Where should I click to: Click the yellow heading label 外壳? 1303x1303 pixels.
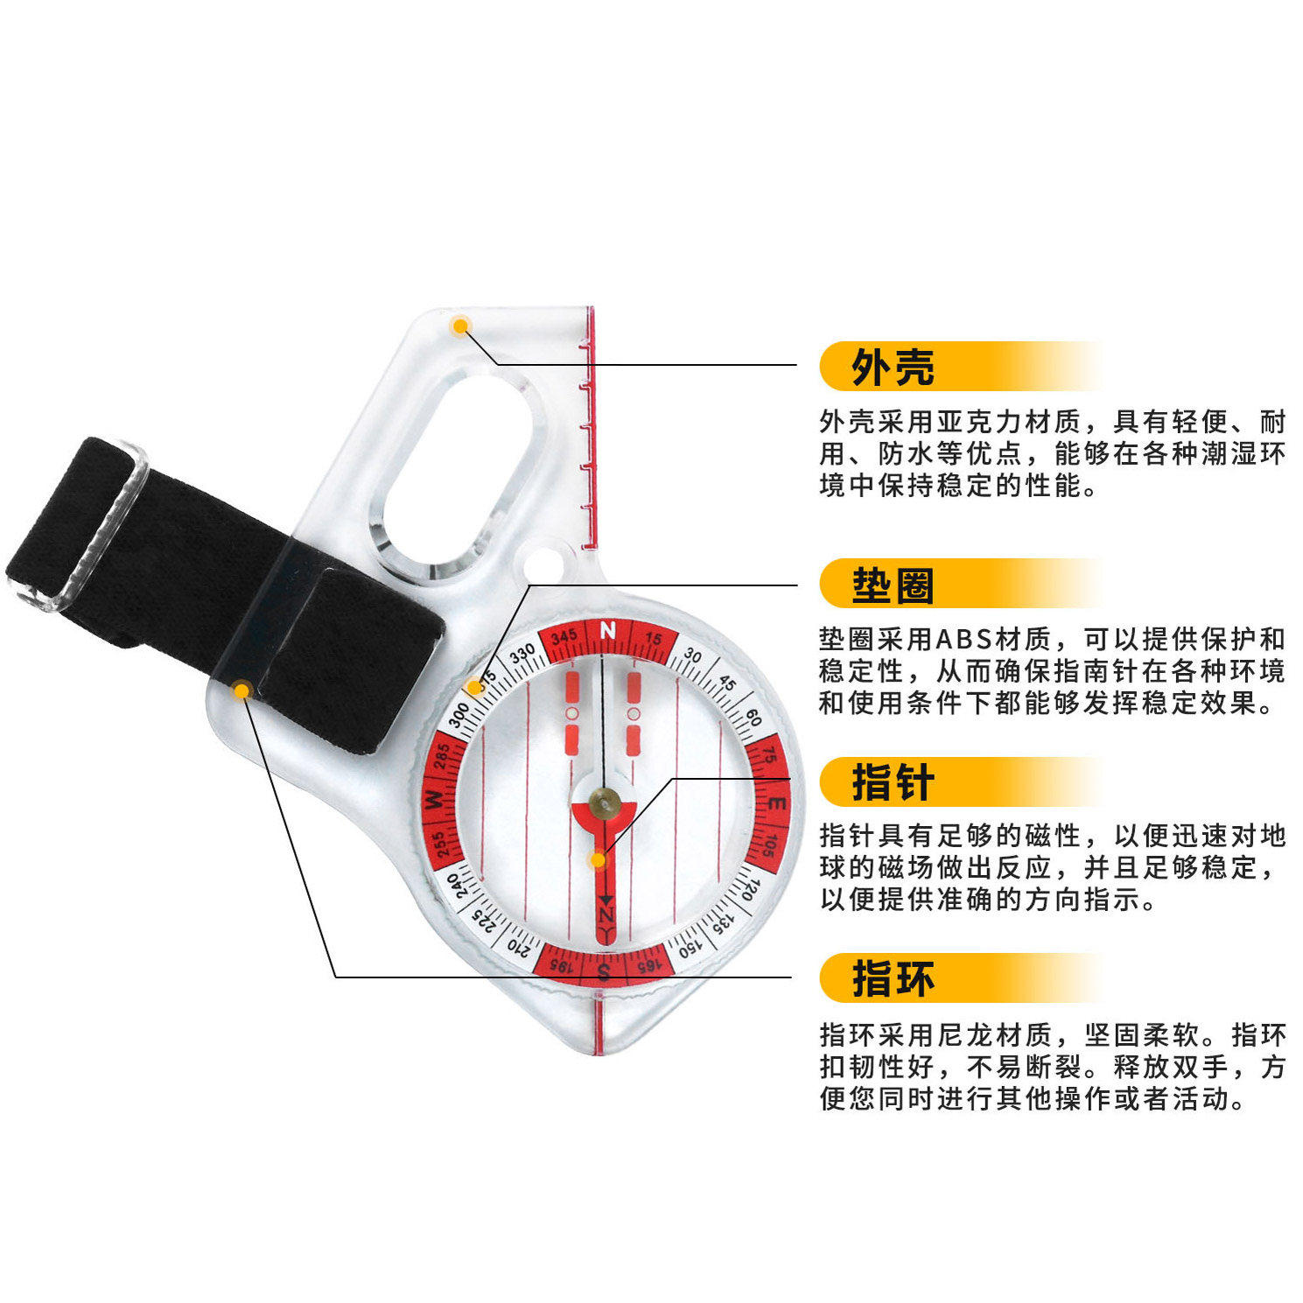[x=893, y=367]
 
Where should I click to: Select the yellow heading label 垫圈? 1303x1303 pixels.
[x=893, y=585]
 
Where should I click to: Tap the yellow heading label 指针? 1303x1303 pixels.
[x=893, y=782]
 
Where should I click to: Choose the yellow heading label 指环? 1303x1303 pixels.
[x=893, y=978]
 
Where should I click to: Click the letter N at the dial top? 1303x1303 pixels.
[x=608, y=630]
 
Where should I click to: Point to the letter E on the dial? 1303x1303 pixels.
[x=776, y=802]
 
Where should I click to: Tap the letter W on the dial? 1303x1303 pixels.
[x=433, y=799]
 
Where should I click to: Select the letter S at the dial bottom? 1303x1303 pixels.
[x=603, y=972]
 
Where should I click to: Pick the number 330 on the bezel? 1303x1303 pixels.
[x=522, y=655]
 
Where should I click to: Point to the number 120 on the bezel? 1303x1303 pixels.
[x=748, y=890]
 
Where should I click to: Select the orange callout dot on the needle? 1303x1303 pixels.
[x=598, y=860]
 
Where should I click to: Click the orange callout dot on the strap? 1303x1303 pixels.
[x=242, y=690]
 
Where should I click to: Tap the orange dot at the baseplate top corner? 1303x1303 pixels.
[x=459, y=326]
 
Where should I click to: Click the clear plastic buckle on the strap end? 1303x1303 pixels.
[x=88, y=525]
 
